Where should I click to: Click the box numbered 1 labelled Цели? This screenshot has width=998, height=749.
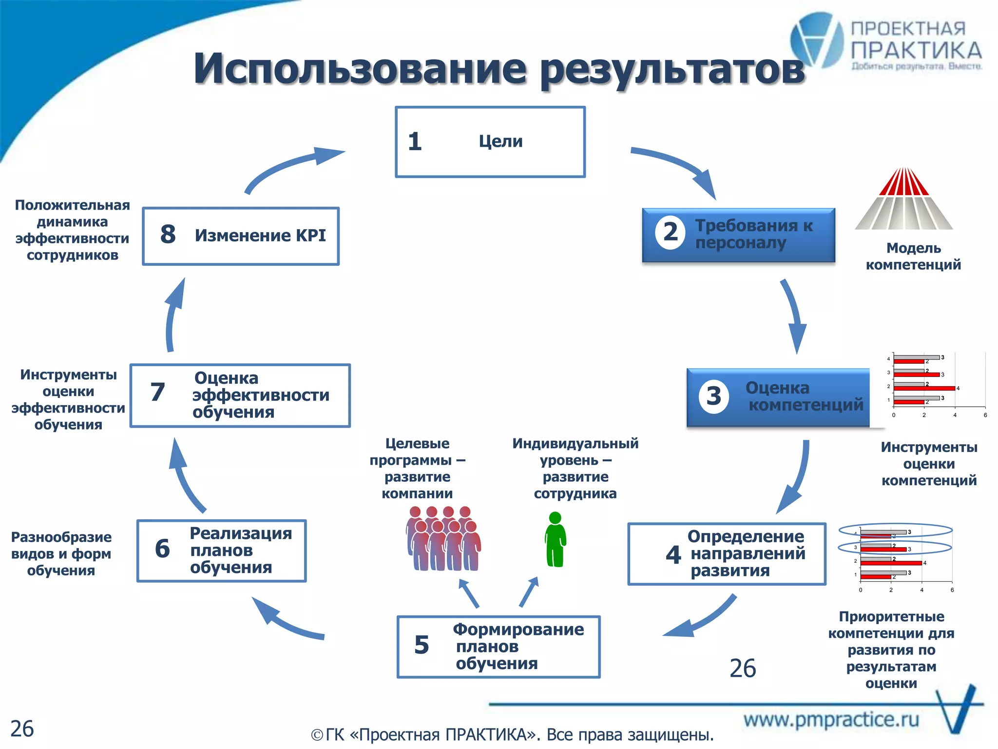490,142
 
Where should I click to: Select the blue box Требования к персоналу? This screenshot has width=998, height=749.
738,235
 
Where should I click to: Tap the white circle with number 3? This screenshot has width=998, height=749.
713,396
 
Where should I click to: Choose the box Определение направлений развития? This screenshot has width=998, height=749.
727,554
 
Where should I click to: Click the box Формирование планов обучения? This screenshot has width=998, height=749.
499,647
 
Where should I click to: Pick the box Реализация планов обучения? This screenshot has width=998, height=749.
222,551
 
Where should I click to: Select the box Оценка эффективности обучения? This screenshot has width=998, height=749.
240,395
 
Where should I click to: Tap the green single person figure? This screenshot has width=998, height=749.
555,539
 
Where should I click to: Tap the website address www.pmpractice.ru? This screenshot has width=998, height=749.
831,720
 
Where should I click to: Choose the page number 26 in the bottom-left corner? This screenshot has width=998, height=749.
22,729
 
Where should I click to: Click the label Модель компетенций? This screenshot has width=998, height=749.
913,256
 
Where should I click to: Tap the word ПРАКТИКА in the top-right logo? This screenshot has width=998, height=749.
916,51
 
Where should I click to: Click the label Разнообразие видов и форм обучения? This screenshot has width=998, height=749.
61,554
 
